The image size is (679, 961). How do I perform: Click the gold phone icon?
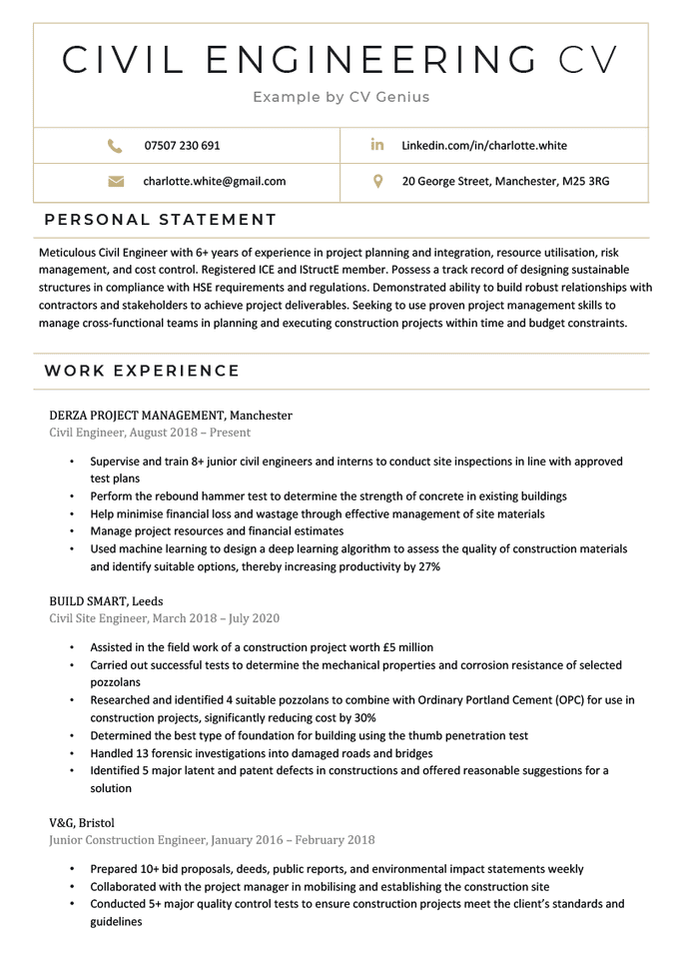pyautogui.click(x=115, y=146)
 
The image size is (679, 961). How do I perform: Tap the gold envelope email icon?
pyautogui.click(x=115, y=182)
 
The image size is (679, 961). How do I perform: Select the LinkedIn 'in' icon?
pyautogui.click(x=377, y=146)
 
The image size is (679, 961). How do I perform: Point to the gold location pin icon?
pyautogui.click(x=377, y=182)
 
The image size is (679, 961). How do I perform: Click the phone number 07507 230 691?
pyautogui.click(x=182, y=146)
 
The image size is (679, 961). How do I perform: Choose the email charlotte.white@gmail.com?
pyautogui.click(x=215, y=182)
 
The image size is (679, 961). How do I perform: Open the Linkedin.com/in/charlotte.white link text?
pyautogui.click(x=484, y=146)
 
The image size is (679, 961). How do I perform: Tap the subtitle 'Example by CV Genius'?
pyautogui.click(x=340, y=97)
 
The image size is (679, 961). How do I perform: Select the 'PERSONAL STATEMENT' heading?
pyautogui.click(x=161, y=220)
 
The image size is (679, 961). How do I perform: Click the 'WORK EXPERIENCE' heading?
pyautogui.click(x=142, y=372)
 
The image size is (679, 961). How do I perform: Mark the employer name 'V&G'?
pyautogui.click(x=65, y=823)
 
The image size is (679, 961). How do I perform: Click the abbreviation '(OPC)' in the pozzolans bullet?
pyautogui.click(x=528, y=700)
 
